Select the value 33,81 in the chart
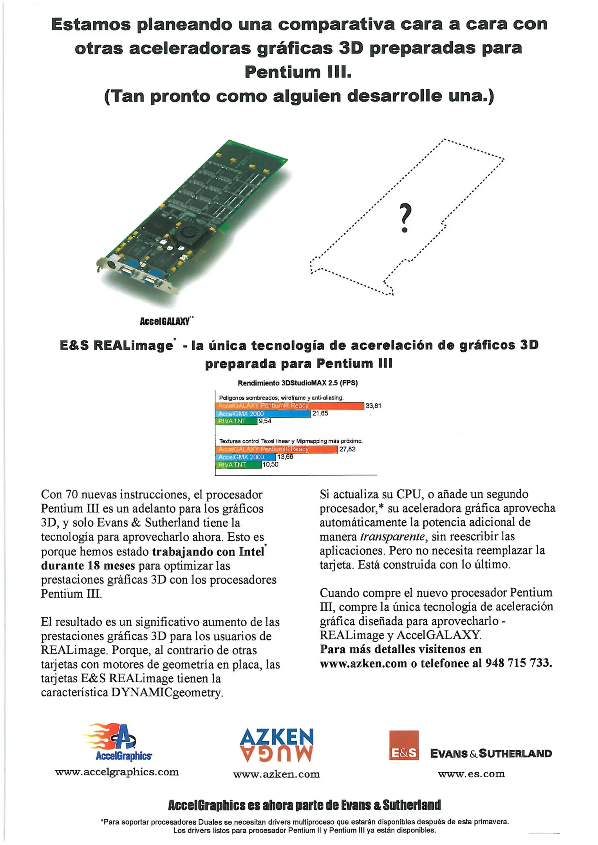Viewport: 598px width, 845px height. [373, 406]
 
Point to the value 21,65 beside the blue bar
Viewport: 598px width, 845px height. [320, 414]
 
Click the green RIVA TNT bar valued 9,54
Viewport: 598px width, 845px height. [236, 421]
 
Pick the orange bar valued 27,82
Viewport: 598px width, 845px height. [276, 449]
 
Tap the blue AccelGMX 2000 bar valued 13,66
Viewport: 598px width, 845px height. [245, 457]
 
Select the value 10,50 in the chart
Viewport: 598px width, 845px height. [270, 465]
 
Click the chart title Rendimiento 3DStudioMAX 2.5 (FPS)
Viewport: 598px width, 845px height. [298, 383]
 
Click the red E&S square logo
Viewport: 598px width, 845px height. [404, 745]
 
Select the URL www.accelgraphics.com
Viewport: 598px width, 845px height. [117, 772]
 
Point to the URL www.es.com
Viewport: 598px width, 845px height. [471, 774]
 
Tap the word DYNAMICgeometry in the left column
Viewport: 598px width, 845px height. [167, 693]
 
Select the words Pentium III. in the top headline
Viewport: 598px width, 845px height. [298, 72]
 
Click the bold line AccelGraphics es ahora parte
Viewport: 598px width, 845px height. [304, 805]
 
